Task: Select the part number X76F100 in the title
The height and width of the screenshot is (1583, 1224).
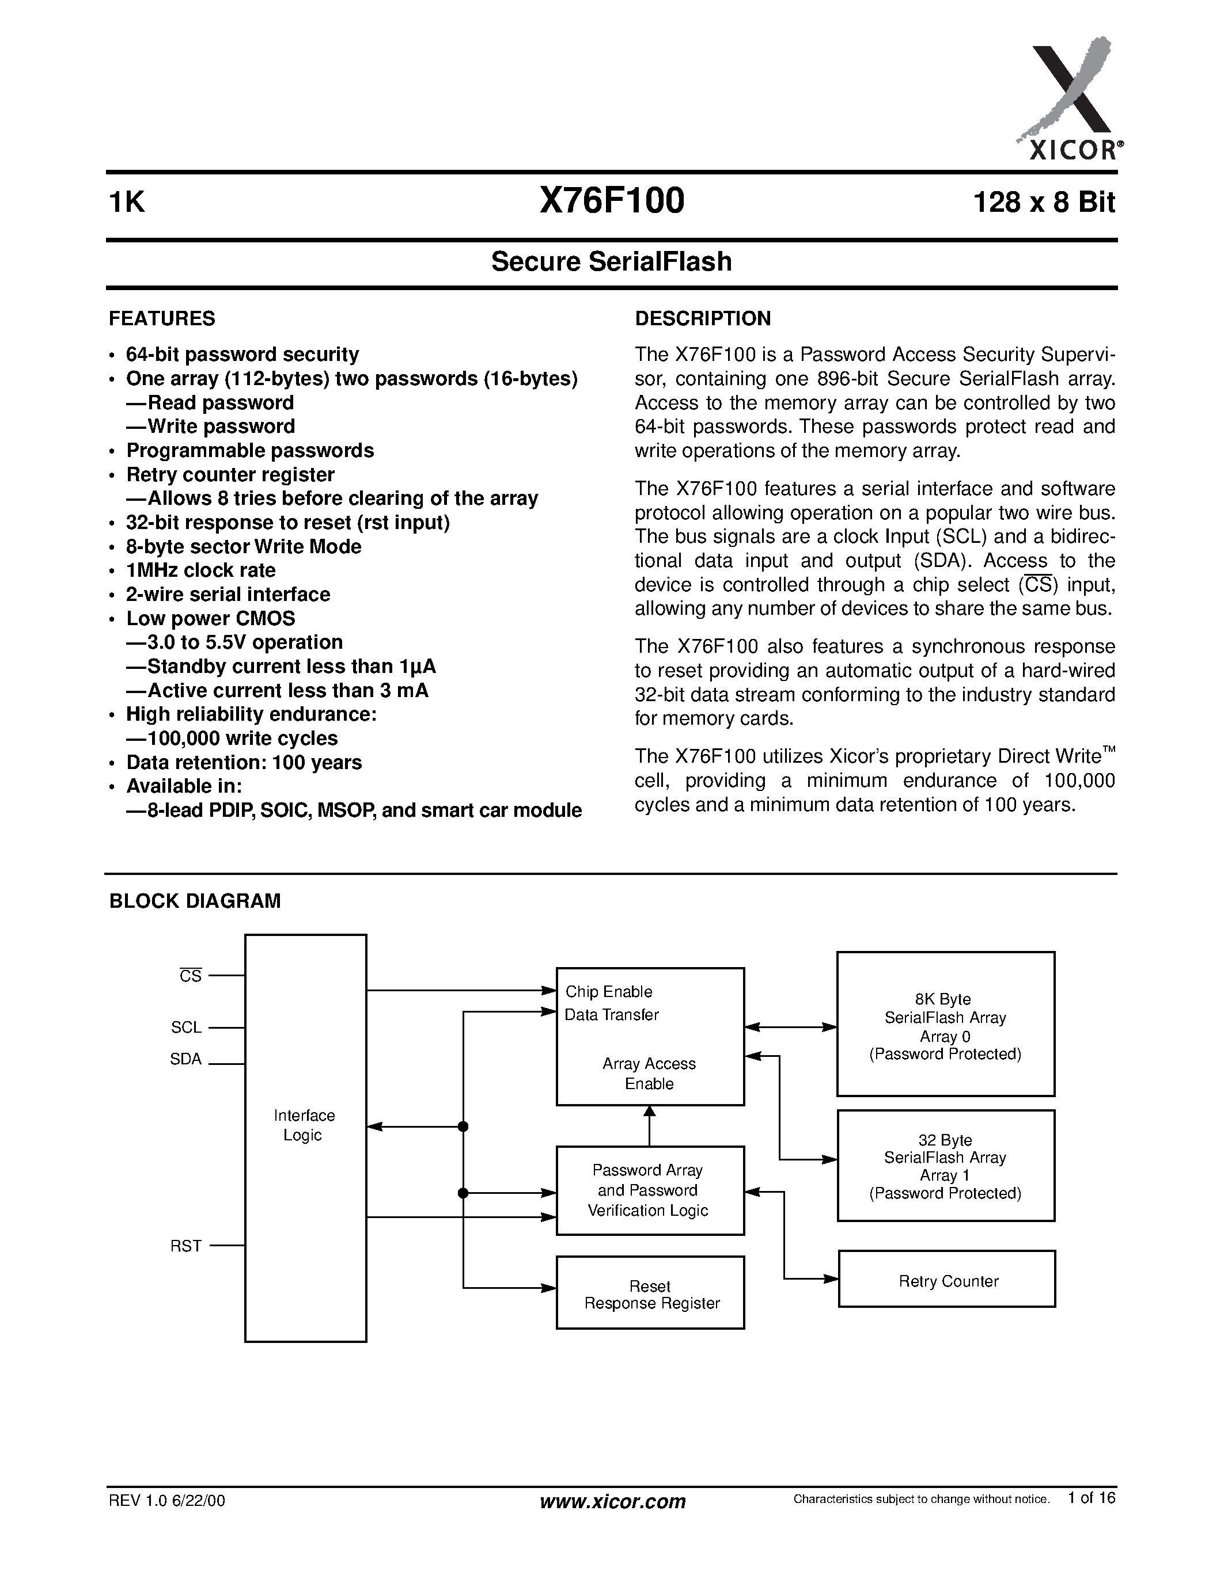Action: coord(611,201)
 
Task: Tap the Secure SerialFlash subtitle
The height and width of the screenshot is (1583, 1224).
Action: coord(611,262)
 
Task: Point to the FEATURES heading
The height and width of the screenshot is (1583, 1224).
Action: coord(162,319)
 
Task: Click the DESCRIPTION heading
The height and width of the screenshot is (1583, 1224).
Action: coord(703,319)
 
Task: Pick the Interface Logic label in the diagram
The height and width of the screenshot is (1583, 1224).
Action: coord(304,1125)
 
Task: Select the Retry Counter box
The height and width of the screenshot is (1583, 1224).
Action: coord(947,1281)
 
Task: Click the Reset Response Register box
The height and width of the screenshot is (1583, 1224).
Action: coord(650,1295)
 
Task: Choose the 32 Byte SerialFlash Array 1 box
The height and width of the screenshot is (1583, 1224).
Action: coord(945,1166)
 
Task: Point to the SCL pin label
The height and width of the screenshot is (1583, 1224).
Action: coord(187,1028)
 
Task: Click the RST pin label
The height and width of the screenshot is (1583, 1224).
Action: coord(185,1246)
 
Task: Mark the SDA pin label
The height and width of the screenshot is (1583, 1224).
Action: coord(185,1060)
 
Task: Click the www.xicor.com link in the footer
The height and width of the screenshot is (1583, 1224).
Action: coord(613,1502)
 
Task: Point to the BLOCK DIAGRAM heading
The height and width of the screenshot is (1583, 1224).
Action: coord(194,901)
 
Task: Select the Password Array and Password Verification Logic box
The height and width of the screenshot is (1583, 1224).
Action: coord(650,1190)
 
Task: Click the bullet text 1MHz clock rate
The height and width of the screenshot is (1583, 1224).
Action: coord(201,570)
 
